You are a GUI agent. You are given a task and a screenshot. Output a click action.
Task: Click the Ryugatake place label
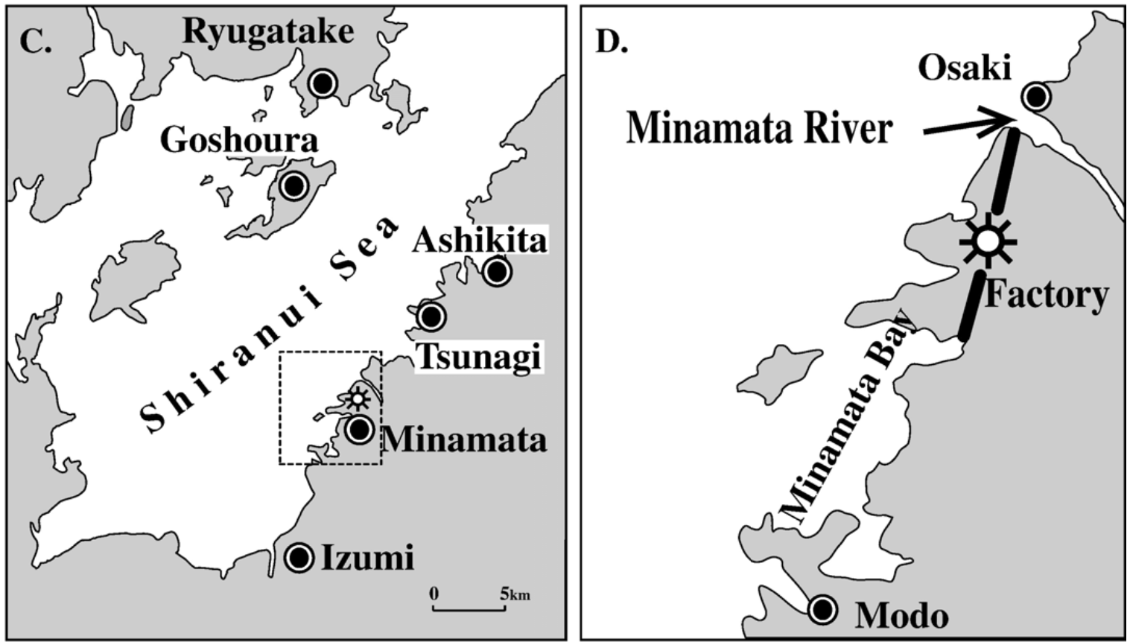(x=268, y=31)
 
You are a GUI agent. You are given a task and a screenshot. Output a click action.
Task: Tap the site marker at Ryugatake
(x=323, y=83)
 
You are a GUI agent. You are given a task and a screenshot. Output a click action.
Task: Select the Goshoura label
(x=239, y=139)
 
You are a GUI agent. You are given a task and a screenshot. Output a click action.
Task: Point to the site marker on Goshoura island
(x=294, y=185)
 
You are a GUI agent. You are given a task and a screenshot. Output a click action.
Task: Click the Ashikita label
(x=480, y=240)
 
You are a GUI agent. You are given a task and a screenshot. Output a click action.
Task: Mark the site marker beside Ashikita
(x=498, y=272)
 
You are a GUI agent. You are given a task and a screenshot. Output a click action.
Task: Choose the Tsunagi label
(x=478, y=357)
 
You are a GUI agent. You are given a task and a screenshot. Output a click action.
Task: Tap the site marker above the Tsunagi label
(x=431, y=317)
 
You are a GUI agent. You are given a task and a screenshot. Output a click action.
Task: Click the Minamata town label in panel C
(x=464, y=439)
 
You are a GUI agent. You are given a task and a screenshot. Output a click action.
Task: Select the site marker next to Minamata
(x=360, y=429)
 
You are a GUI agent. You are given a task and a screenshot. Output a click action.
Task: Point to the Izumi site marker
(x=299, y=557)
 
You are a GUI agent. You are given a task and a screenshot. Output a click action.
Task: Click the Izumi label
(x=368, y=558)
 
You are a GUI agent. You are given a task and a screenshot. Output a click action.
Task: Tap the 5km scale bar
(x=469, y=608)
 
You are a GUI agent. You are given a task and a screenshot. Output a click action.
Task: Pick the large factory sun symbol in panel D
(x=988, y=241)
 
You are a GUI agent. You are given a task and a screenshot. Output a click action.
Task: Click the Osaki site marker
(x=1036, y=96)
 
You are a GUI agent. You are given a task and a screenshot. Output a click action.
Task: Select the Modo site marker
(x=823, y=610)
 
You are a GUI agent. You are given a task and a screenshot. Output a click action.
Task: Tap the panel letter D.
(x=612, y=42)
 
